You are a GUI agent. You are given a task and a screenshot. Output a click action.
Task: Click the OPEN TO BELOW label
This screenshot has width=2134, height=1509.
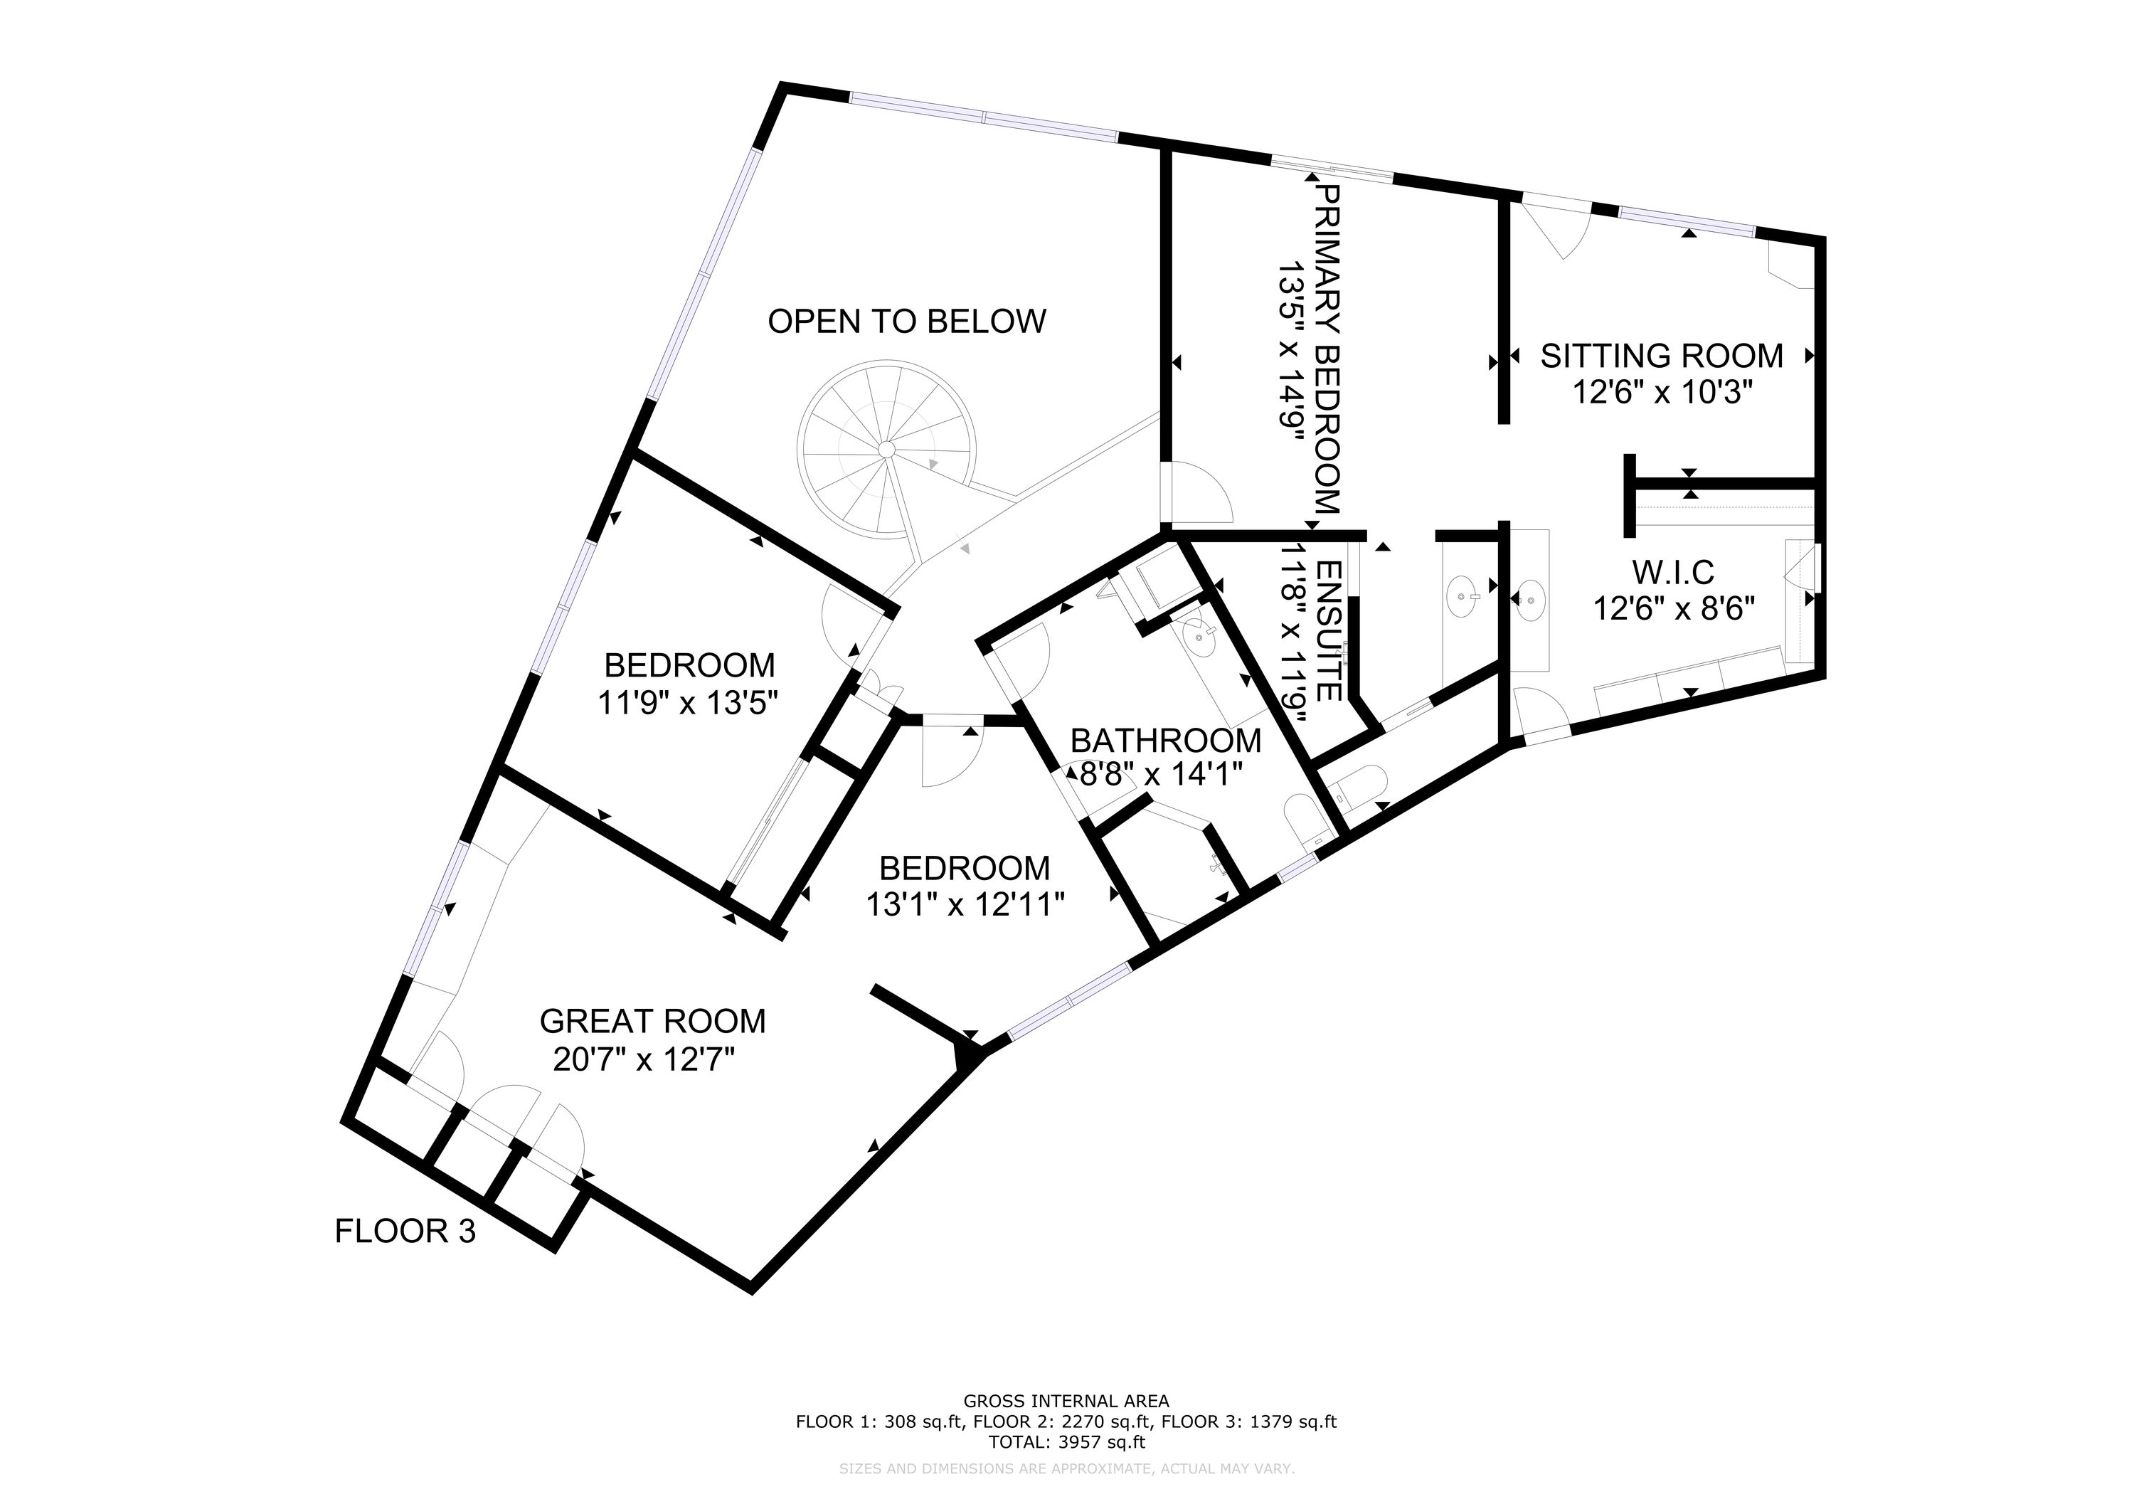(x=907, y=322)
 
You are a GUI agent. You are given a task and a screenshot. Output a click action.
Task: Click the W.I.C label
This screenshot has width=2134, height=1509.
(x=1673, y=571)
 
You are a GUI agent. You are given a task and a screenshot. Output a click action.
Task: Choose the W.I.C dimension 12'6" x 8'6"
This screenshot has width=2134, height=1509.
(x=1674, y=609)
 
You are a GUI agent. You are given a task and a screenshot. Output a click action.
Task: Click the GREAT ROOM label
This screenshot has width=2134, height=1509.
(x=652, y=1022)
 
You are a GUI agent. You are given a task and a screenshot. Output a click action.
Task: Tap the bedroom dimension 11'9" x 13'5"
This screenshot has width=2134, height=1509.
(x=687, y=703)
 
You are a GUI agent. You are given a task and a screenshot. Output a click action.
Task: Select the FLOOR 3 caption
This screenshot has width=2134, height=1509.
(x=405, y=1232)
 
